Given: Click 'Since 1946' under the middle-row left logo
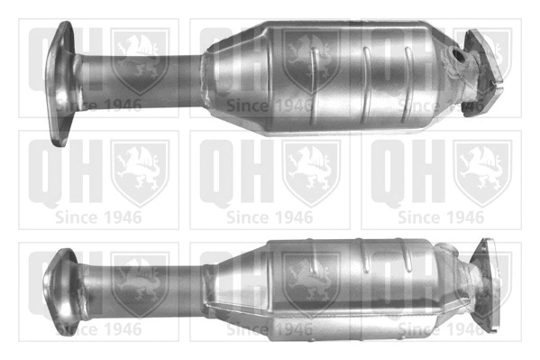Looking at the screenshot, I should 98,217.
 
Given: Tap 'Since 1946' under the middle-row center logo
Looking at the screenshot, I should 270,217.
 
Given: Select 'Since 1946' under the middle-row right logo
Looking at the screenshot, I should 441,217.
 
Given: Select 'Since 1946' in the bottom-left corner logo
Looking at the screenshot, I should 98,330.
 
